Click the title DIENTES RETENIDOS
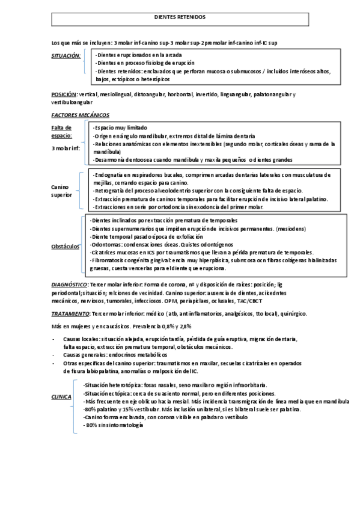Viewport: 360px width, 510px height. pyautogui.click(x=180, y=17)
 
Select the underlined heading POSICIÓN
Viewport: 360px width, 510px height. pyautogui.click(x=64, y=94)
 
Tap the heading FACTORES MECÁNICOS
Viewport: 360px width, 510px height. pyautogui.click(x=80, y=115)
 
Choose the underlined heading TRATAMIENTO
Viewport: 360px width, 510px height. pyautogui.click(x=70, y=313)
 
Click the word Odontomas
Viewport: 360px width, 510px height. pyautogui.click(x=103, y=245)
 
